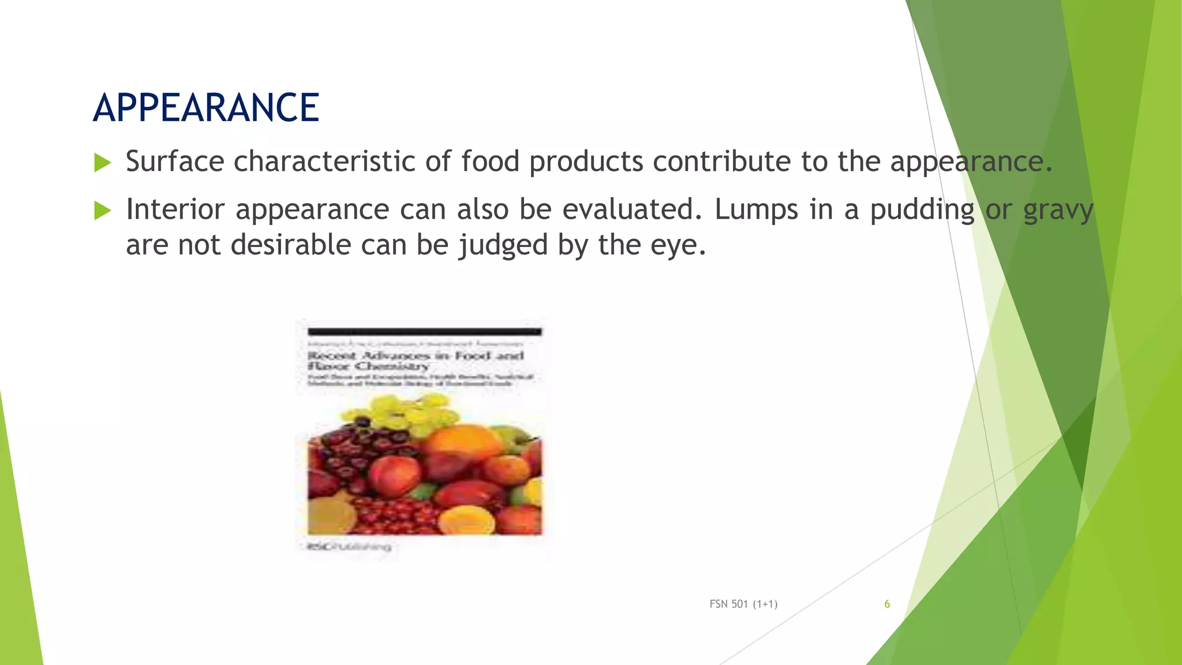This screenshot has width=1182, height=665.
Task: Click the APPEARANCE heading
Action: pyautogui.click(x=205, y=108)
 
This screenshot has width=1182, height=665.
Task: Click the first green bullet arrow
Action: pyautogui.click(x=102, y=163)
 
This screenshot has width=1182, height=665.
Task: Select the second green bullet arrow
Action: pyautogui.click(x=102, y=211)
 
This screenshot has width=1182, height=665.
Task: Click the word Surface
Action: pyautogui.click(x=175, y=161)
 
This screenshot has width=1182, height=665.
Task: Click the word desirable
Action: pyautogui.click(x=291, y=245)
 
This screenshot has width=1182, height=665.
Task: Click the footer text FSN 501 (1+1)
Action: pyautogui.click(x=743, y=604)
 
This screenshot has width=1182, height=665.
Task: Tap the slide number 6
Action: pyautogui.click(x=887, y=604)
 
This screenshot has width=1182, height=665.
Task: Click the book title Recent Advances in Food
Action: pyautogui.click(x=416, y=356)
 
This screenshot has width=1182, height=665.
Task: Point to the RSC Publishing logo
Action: pyautogui.click(x=349, y=546)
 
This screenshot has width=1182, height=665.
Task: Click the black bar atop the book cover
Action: pyautogui.click(x=424, y=331)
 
